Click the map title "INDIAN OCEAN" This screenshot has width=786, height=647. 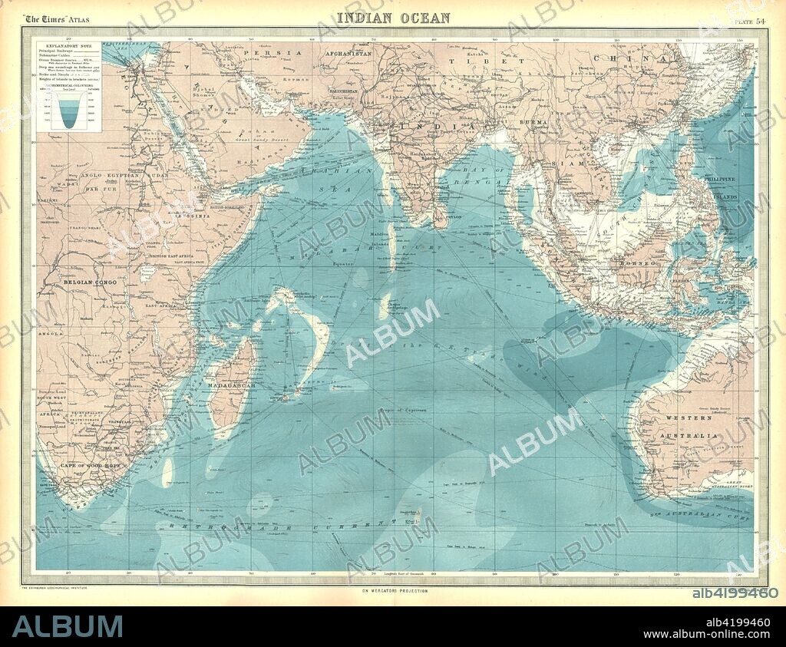tap(393, 17)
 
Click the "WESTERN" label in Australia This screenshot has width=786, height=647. tap(683, 418)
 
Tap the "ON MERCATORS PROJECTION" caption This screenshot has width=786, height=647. tap(393, 590)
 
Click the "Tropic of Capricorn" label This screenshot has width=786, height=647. tap(404, 411)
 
